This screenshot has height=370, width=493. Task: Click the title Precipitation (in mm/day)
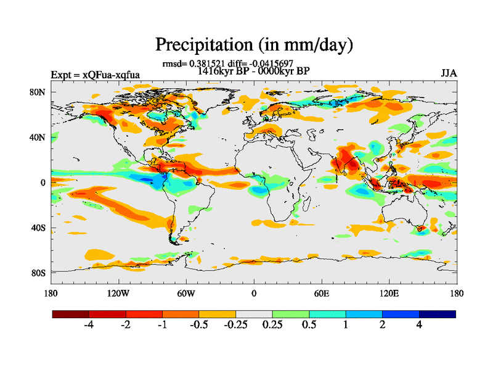(x=254, y=44)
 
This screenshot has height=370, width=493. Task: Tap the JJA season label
(x=449, y=73)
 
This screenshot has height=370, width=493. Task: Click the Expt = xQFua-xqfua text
(x=95, y=75)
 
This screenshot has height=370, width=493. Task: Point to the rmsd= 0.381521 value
(x=192, y=64)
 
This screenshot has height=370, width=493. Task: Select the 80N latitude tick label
(x=38, y=92)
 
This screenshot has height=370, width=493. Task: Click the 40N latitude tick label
(x=38, y=138)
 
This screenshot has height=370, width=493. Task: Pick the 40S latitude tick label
(x=38, y=228)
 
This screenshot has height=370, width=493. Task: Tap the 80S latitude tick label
(x=38, y=273)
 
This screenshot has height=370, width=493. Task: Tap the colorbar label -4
(x=88, y=325)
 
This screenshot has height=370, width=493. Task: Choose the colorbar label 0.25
(x=272, y=325)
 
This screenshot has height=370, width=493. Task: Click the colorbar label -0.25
(x=234, y=325)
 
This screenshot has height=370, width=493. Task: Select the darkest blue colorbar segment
(x=437, y=314)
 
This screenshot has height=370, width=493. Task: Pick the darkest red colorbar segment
(x=71, y=314)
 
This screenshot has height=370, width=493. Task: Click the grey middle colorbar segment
(x=254, y=314)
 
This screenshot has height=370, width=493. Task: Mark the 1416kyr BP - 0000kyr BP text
(x=253, y=70)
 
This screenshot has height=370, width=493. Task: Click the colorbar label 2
(x=382, y=325)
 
